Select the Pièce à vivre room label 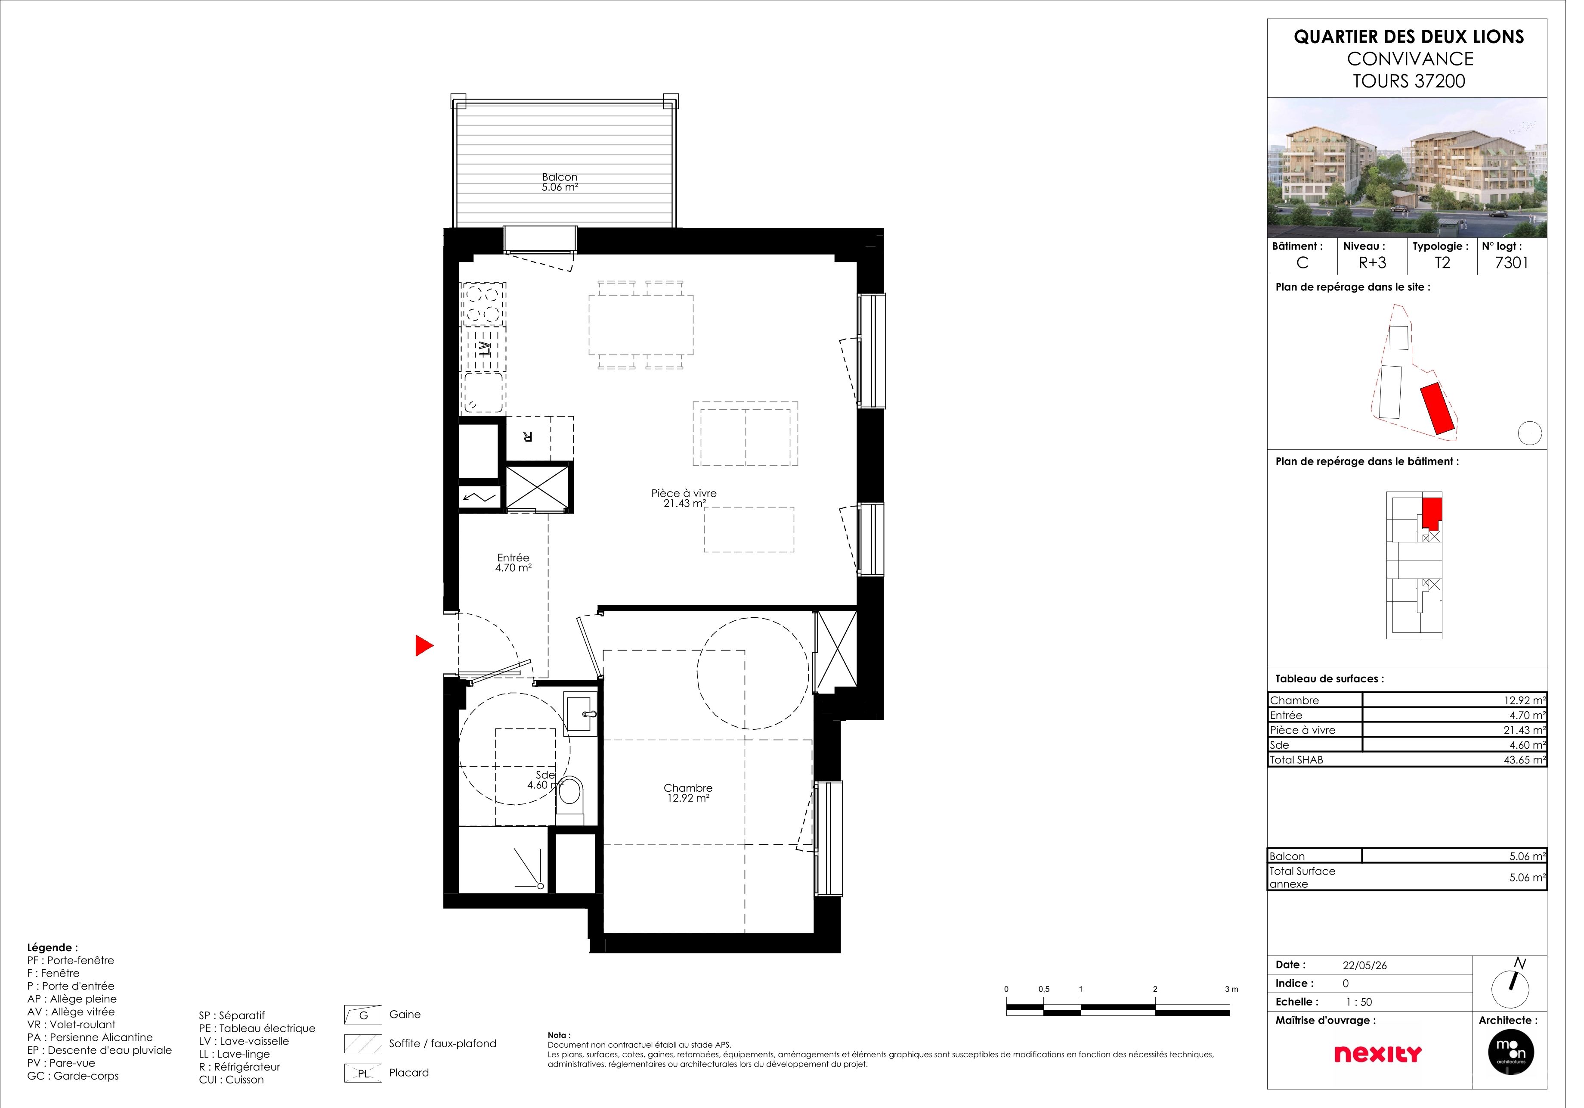pyautogui.click(x=692, y=498)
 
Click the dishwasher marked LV pyautogui.click(x=489, y=353)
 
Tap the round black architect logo pyautogui.click(x=1528, y=1065)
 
